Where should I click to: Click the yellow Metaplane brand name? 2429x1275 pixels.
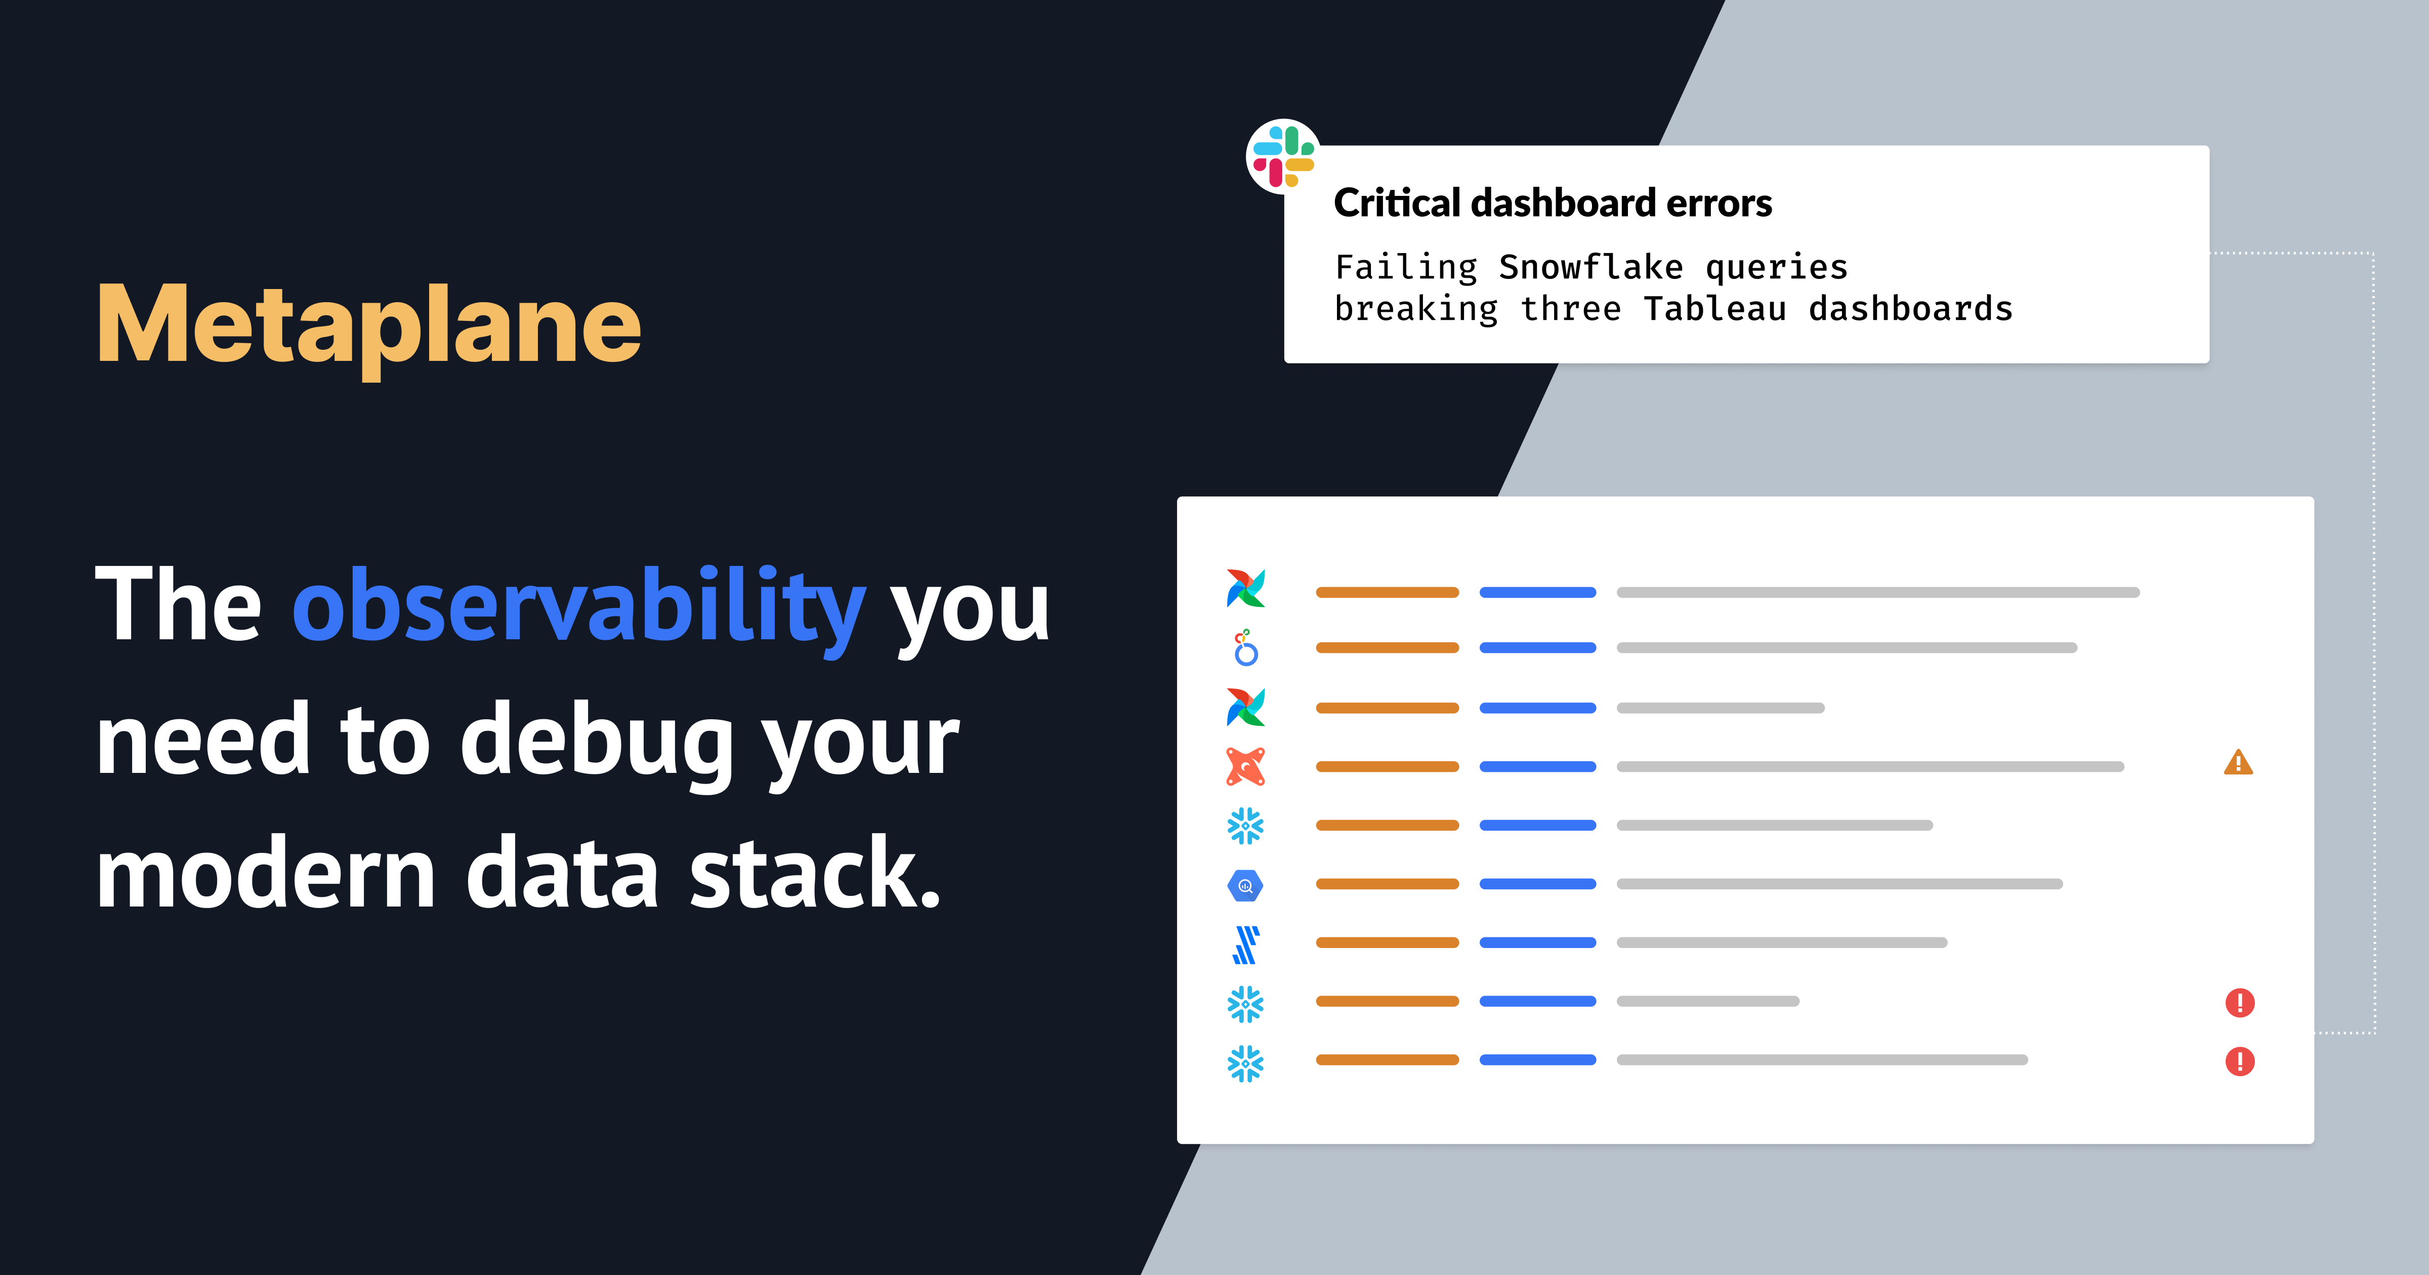(x=369, y=325)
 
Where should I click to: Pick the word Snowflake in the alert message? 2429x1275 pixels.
(x=1590, y=268)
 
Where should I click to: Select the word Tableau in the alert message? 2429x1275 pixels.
(x=1714, y=309)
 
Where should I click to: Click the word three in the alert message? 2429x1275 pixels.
(x=1571, y=309)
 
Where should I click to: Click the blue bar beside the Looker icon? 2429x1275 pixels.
(x=1537, y=648)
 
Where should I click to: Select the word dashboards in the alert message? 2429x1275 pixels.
(x=1910, y=309)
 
